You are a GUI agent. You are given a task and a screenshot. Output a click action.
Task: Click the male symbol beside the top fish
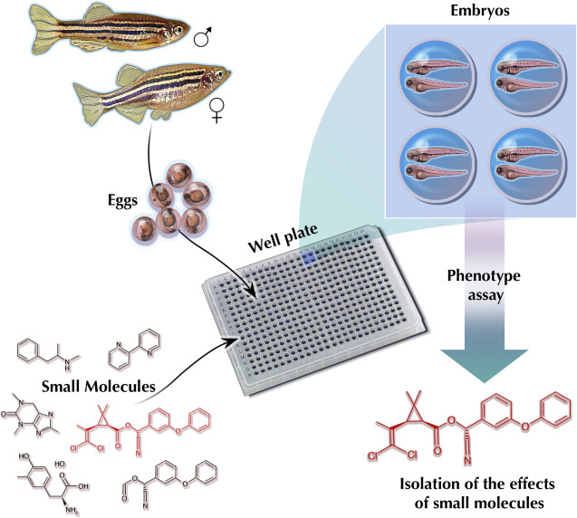click(x=203, y=38)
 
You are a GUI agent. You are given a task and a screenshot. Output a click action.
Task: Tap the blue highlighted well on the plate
click(x=309, y=258)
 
